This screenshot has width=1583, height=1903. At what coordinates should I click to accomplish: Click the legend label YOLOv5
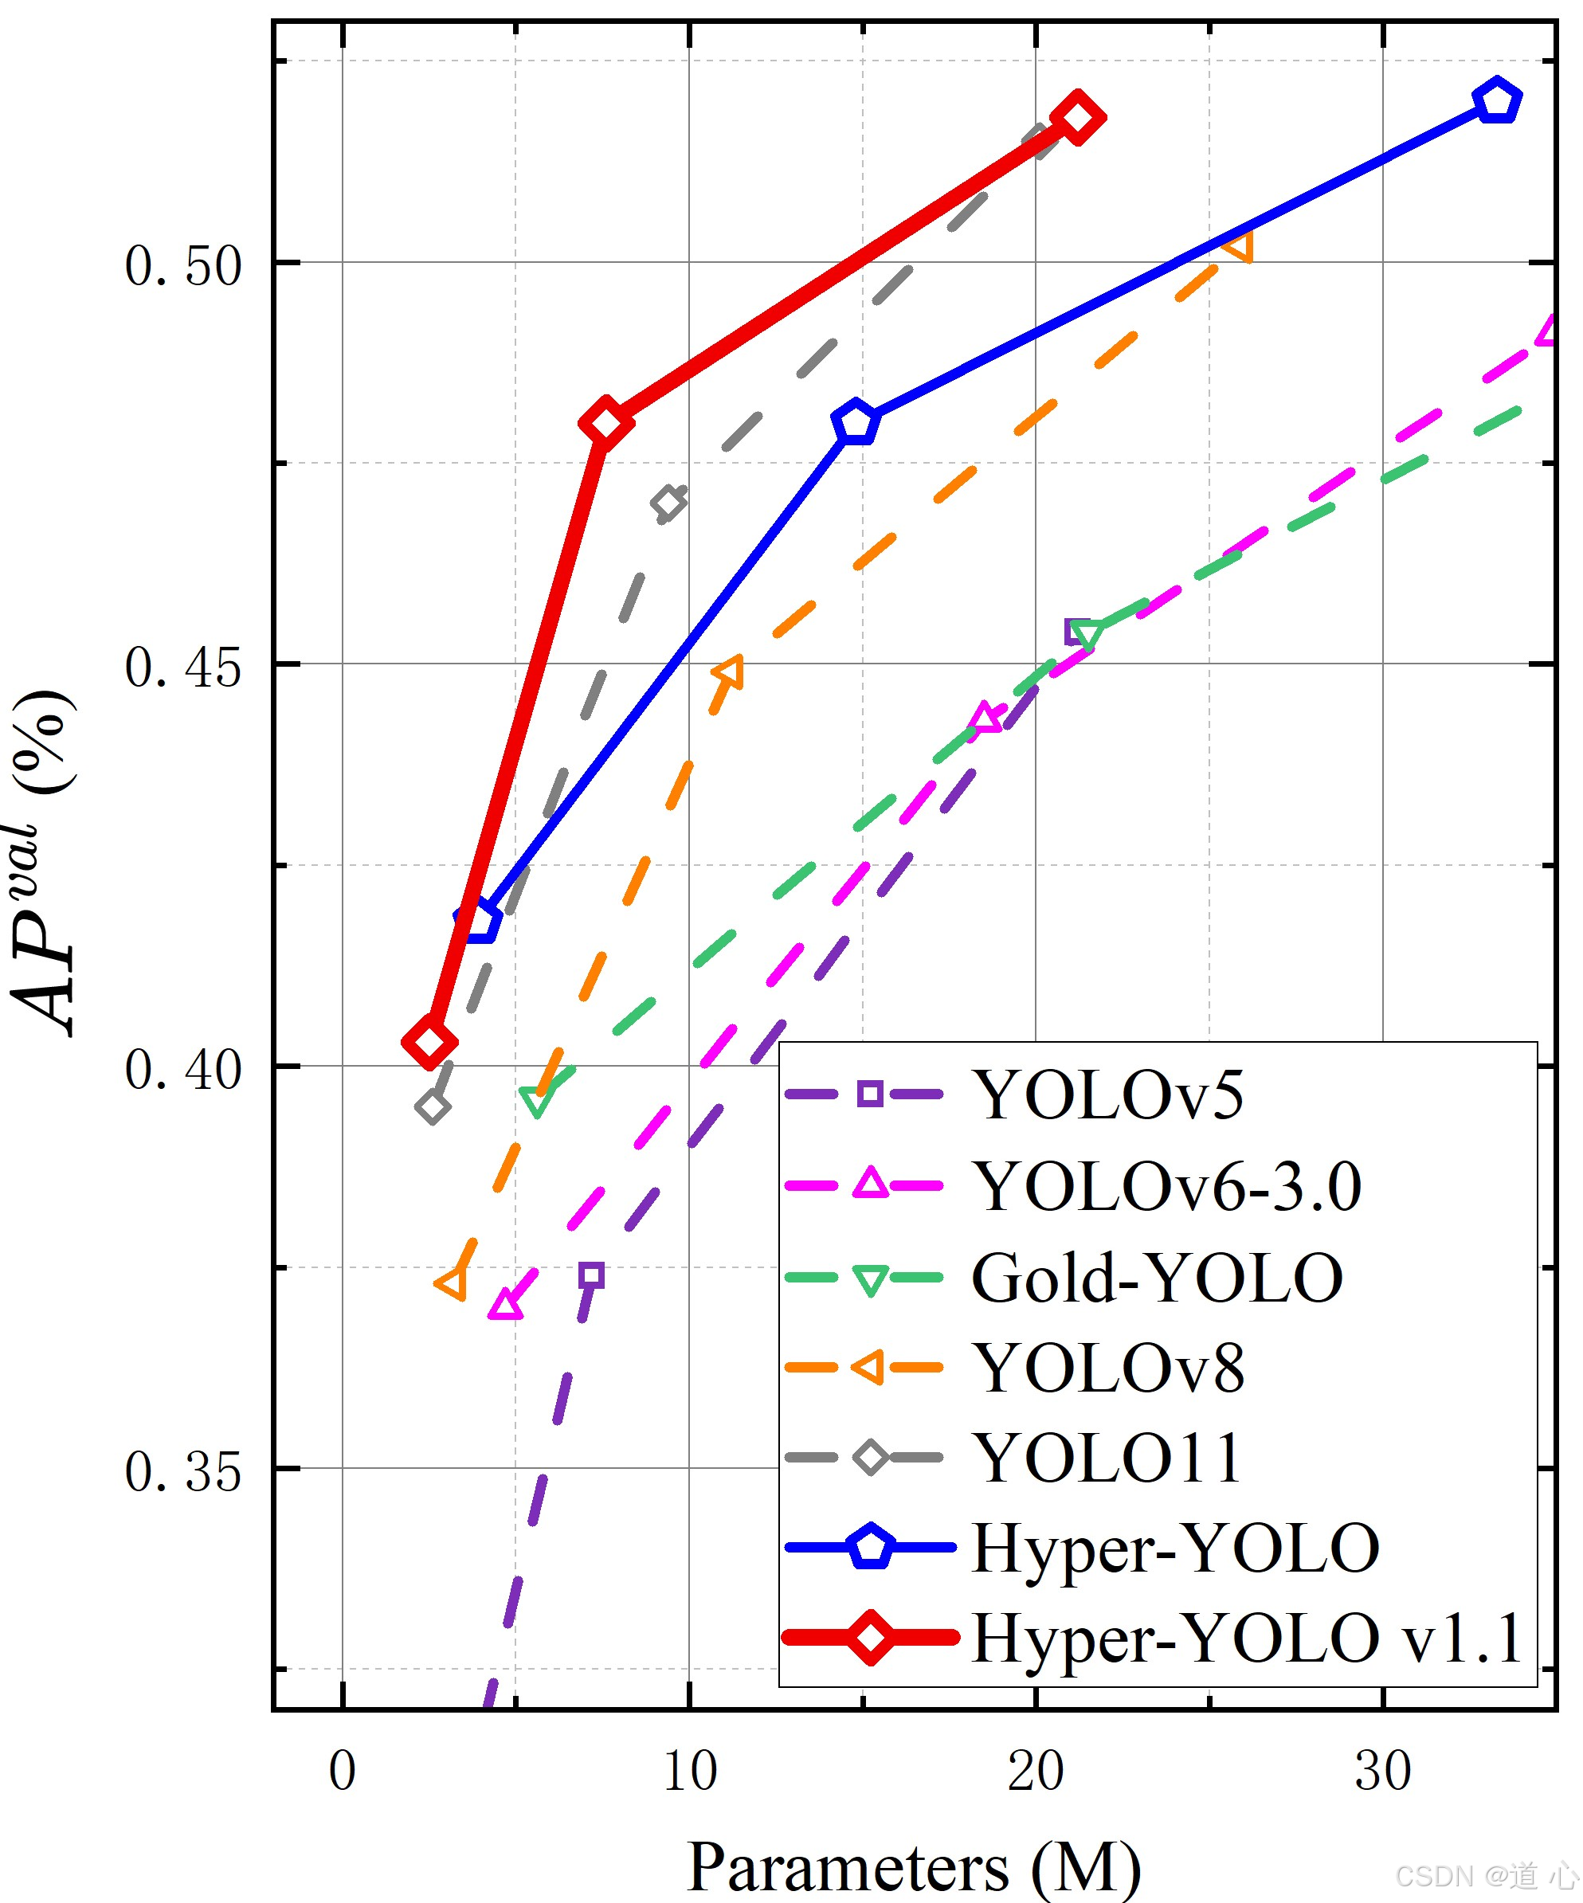click(1107, 1094)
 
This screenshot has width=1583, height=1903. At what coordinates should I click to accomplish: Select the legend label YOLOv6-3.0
click(1166, 1185)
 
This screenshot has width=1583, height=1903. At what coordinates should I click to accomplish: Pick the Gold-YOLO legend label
click(1156, 1278)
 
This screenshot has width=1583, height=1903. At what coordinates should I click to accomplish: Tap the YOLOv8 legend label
click(1107, 1368)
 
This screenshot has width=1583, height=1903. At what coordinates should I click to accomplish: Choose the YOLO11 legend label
click(1106, 1458)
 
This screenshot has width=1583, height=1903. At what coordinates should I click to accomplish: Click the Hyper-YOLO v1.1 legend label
click(1247, 1639)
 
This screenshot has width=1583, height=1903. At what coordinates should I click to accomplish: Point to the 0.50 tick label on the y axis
click(183, 265)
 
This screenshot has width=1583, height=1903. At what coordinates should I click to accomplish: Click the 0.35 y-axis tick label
click(183, 1470)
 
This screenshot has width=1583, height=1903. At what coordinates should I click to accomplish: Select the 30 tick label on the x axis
click(1383, 1771)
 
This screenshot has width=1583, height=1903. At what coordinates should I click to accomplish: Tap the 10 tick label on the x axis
click(690, 1771)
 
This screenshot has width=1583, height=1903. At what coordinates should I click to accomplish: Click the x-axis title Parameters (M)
click(913, 1866)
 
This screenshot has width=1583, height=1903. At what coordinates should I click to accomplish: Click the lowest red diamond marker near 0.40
click(429, 1042)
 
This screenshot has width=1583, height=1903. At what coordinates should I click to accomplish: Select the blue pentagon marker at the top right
click(1497, 100)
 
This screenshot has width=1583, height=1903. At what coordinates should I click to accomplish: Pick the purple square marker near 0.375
click(592, 1276)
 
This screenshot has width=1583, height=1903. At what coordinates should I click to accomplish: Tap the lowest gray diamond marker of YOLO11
click(433, 1106)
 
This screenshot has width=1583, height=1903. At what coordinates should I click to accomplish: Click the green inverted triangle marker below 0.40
click(536, 1101)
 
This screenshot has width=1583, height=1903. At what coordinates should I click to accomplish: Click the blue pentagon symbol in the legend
click(870, 1548)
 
